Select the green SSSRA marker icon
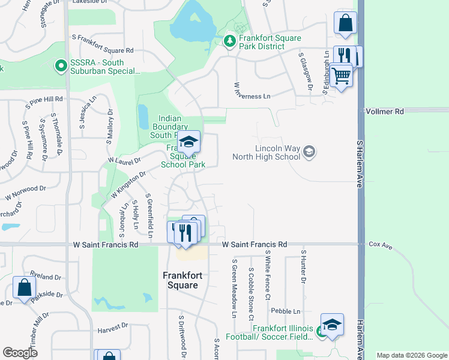(60, 66)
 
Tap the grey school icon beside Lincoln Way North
(309, 151)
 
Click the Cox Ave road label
(380, 245)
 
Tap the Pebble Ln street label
(285, 311)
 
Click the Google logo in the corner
(20, 353)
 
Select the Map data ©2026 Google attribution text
(412, 355)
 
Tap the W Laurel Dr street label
(124, 160)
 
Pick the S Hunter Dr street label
(304, 267)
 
